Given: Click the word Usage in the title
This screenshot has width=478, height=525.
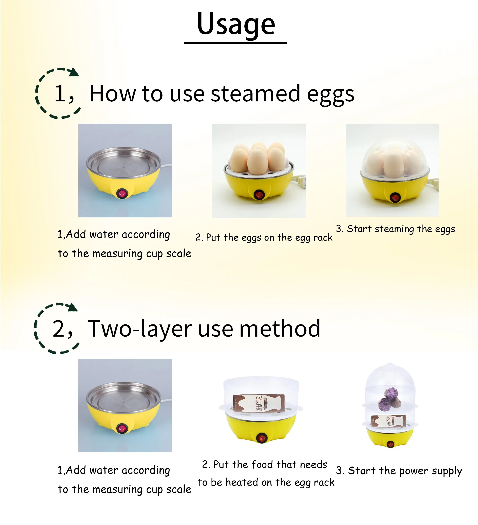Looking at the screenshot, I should [x=236, y=24].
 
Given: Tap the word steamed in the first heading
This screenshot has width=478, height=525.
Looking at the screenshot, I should [x=256, y=94].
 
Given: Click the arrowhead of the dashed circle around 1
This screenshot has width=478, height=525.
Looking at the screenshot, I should [x=74, y=72].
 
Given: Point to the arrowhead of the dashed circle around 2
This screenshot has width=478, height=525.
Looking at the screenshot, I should [x=73, y=307].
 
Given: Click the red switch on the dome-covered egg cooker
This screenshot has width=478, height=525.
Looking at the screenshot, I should [x=394, y=198].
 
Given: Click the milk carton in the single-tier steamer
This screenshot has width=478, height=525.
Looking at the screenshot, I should [x=259, y=403].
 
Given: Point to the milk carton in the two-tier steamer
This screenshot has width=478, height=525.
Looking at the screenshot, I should [x=388, y=421].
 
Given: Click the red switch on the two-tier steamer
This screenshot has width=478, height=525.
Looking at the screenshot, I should [x=390, y=444].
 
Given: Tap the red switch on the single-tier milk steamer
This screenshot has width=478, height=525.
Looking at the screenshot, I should [x=261, y=438].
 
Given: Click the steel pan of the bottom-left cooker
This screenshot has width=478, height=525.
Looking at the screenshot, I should [x=123, y=398].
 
